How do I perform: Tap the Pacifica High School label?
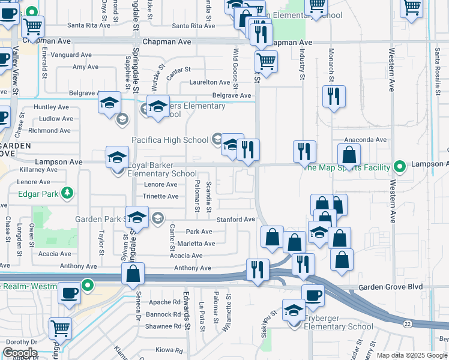click(x=170, y=140)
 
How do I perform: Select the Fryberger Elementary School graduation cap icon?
click(x=294, y=310)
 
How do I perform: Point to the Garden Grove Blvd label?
click(x=390, y=287)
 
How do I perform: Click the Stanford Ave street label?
click(x=236, y=220)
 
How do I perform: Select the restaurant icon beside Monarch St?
click(x=333, y=96)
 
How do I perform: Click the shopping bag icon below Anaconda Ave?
click(x=349, y=155)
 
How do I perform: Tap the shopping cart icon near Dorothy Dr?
click(x=61, y=328)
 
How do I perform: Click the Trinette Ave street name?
click(x=161, y=196)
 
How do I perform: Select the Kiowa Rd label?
click(x=169, y=350)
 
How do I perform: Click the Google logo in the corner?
click(x=20, y=353)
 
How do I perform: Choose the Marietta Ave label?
click(x=196, y=244)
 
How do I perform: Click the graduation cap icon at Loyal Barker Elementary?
click(x=117, y=158)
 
